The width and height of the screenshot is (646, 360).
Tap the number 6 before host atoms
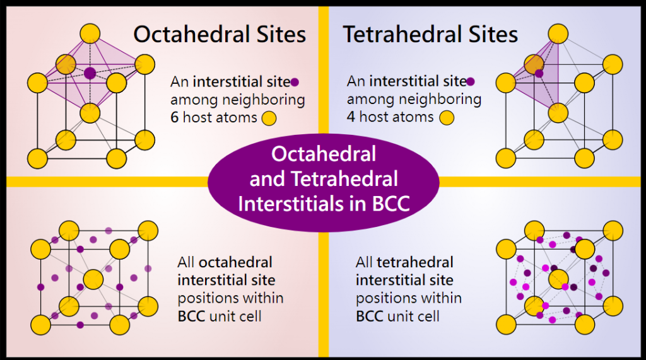point(175,117)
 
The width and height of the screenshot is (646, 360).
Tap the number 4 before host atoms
point(351,117)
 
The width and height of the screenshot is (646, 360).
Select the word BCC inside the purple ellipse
point(391,204)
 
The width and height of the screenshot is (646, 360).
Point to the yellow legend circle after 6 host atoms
point(269,119)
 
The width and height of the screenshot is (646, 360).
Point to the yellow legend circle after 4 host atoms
point(447,118)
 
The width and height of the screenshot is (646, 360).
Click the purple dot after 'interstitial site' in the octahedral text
point(295,83)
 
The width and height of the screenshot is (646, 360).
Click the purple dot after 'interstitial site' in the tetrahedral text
point(471,81)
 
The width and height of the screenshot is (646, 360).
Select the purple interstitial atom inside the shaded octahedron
point(90,73)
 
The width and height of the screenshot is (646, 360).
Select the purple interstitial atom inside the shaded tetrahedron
point(539,73)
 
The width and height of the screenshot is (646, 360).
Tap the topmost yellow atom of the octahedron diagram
point(90,34)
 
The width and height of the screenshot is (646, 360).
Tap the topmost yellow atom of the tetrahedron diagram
point(558,34)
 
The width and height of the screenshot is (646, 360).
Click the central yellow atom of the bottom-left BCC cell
point(93,280)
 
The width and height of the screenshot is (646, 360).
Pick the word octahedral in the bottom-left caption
point(236,262)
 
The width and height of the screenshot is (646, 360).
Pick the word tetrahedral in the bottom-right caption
point(415,262)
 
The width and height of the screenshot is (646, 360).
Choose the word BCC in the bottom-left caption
point(191,316)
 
